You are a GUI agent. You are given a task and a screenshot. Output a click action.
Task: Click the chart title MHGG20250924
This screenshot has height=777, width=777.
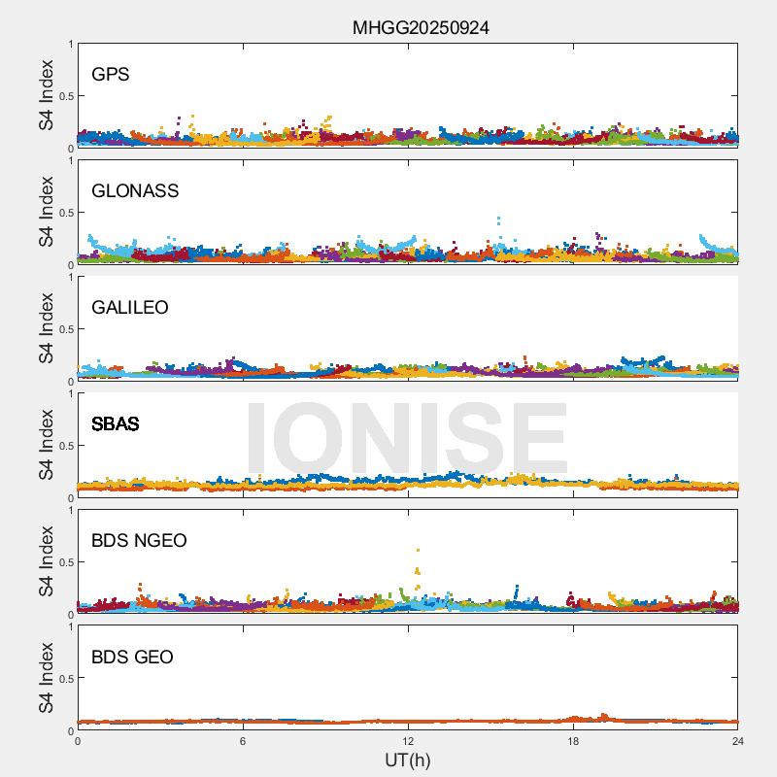[421, 28]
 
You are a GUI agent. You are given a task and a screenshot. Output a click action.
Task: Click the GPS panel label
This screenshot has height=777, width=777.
[110, 74]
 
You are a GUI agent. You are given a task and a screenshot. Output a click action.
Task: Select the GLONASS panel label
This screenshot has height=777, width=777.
[135, 190]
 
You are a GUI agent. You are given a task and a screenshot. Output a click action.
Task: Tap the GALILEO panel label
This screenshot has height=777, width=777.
[129, 307]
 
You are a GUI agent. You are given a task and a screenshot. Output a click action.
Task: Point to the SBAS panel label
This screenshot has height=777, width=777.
[115, 423]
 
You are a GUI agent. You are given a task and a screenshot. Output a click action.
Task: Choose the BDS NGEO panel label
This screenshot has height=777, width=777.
[139, 540]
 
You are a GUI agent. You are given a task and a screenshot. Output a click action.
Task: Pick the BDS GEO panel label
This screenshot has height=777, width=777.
[132, 657]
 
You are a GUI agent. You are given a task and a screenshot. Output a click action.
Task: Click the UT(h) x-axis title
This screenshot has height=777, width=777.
[407, 759]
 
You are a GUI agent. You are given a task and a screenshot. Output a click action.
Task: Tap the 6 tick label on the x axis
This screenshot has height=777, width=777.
[243, 741]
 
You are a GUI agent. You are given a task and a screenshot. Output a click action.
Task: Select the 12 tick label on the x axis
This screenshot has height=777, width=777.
[408, 741]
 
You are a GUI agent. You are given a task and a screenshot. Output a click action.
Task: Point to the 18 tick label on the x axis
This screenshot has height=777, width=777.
[573, 741]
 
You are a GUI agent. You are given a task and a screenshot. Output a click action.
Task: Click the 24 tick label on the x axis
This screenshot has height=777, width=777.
[738, 741]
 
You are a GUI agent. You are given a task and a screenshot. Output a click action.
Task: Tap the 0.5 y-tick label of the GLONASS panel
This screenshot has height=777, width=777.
[63, 213]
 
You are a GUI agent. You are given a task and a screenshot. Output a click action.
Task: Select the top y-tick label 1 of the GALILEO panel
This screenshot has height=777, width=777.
[70, 277]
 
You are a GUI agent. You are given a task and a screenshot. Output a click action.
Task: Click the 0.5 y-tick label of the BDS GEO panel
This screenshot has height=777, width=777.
[63, 679]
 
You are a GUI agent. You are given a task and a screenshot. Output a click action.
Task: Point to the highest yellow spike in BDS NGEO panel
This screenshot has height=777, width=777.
[418, 551]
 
